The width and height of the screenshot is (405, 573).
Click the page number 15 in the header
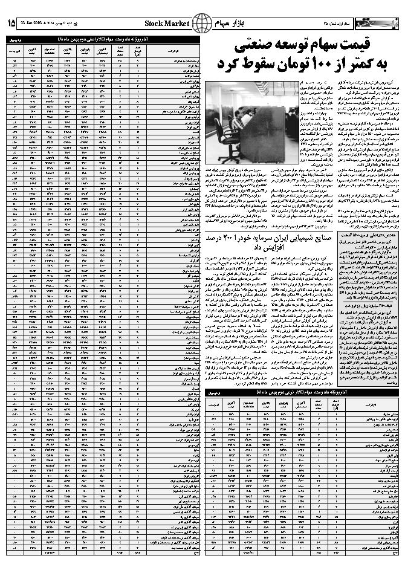point(11,23)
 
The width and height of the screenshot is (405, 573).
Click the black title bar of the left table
point(102,37)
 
